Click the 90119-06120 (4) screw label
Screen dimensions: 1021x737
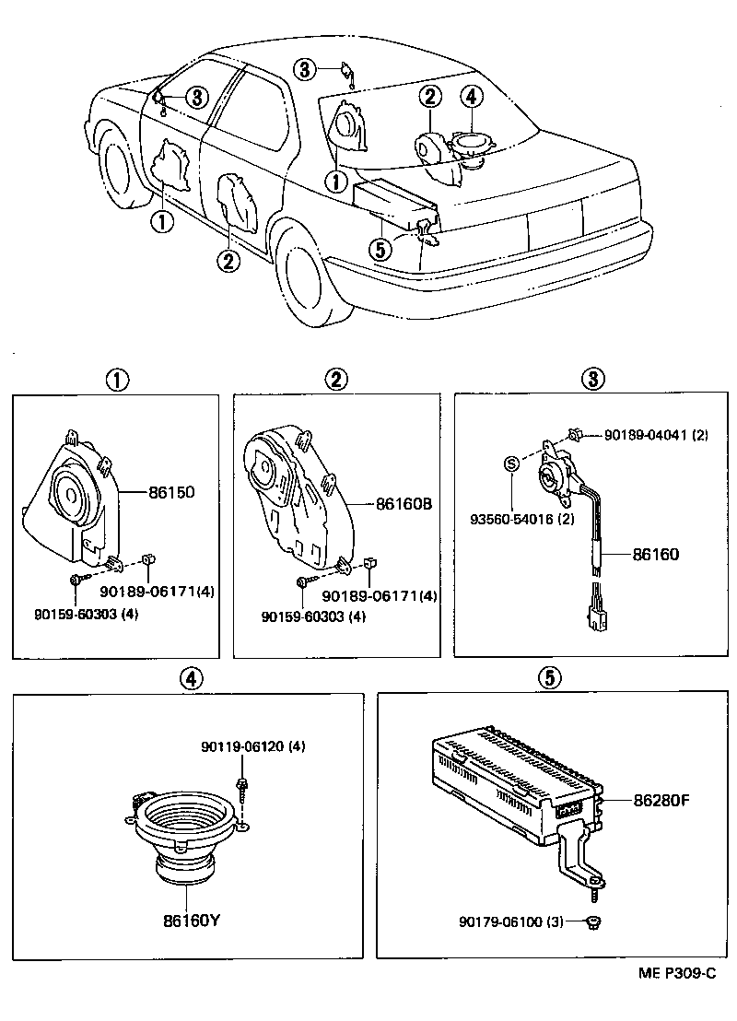click(x=252, y=746)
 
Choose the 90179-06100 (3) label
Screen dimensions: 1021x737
click(x=509, y=921)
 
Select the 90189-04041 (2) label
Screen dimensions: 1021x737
click(x=656, y=435)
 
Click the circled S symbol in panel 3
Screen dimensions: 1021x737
click(x=510, y=464)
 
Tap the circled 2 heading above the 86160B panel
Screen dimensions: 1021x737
click(x=336, y=379)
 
